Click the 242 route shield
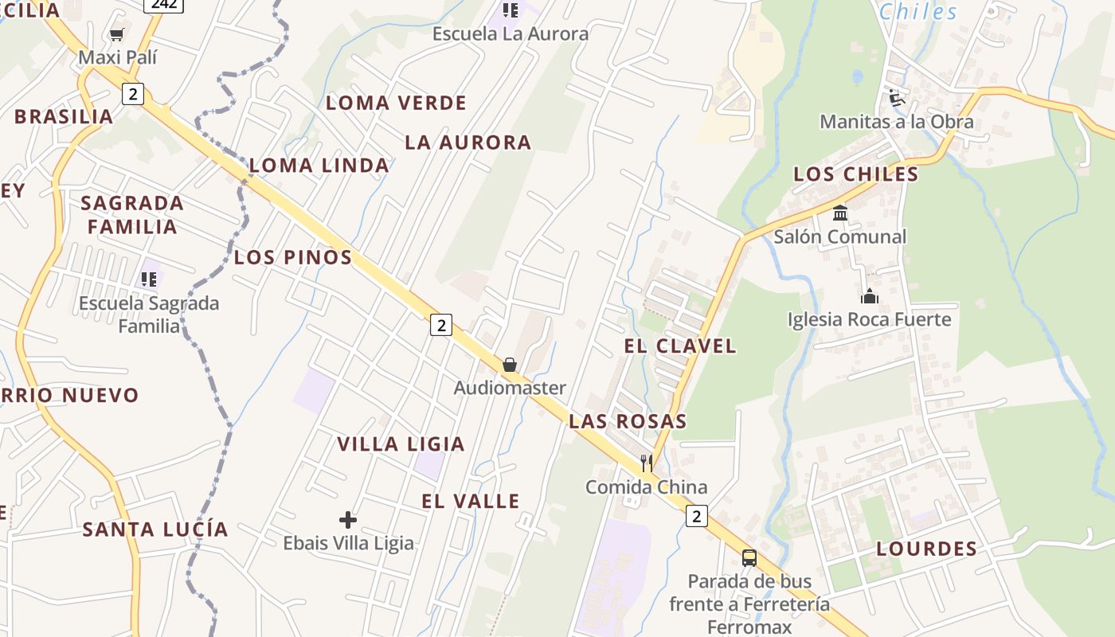point(164,4)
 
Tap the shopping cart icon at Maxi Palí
point(117,34)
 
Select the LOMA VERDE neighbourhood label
point(396,103)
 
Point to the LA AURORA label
point(468,143)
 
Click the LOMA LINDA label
point(319,166)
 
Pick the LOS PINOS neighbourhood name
point(292,257)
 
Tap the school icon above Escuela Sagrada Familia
point(149,279)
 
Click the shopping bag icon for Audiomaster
point(510,365)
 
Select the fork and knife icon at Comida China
point(647,463)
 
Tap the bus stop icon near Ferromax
point(749,557)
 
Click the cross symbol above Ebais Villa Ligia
point(348,520)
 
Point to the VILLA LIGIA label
point(401,444)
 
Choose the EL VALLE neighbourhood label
point(470,501)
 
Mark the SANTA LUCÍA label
point(155,530)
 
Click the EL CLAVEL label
point(680,346)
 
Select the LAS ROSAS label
point(628,421)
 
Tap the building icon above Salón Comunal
point(840,213)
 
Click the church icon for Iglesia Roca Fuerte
point(869,296)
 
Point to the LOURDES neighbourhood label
point(926,549)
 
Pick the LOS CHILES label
point(855,174)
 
